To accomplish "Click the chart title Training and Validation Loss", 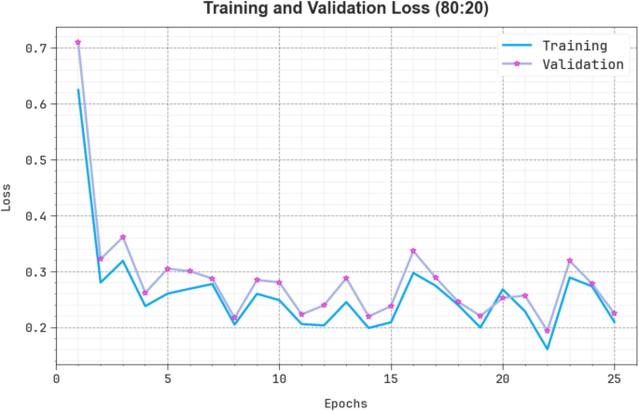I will pyautogui.click(x=348, y=10).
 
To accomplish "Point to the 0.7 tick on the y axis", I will pyautogui.click(x=35, y=48).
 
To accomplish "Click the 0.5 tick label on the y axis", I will pyautogui.click(x=35, y=159).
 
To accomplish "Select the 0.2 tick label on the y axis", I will pyautogui.click(x=35, y=328).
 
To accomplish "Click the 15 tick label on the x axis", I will pyautogui.click(x=391, y=379).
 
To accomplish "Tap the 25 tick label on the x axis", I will pyautogui.click(x=614, y=379).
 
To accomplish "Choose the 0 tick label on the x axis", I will pyautogui.click(x=56, y=379).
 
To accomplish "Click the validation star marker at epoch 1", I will pyautogui.click(x=78, y=42).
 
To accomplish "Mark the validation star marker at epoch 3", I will pyautogui.click(x=123, y=237).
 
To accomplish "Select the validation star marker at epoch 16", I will pyautogui.click(x=413, y=251).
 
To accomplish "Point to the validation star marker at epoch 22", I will pyautogui.click(x=548, y=331).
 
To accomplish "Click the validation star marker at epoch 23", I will pyautogui.click(x=570, y=261).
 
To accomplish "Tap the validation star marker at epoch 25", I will pyautogui.click(x=614, y=313).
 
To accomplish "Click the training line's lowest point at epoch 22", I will pyautogui.click(x=548, y=349).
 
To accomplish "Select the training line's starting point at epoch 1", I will pyautogui.click(x=78, y=89).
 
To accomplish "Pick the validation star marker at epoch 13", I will pyautogui.click(x=346, y=278).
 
